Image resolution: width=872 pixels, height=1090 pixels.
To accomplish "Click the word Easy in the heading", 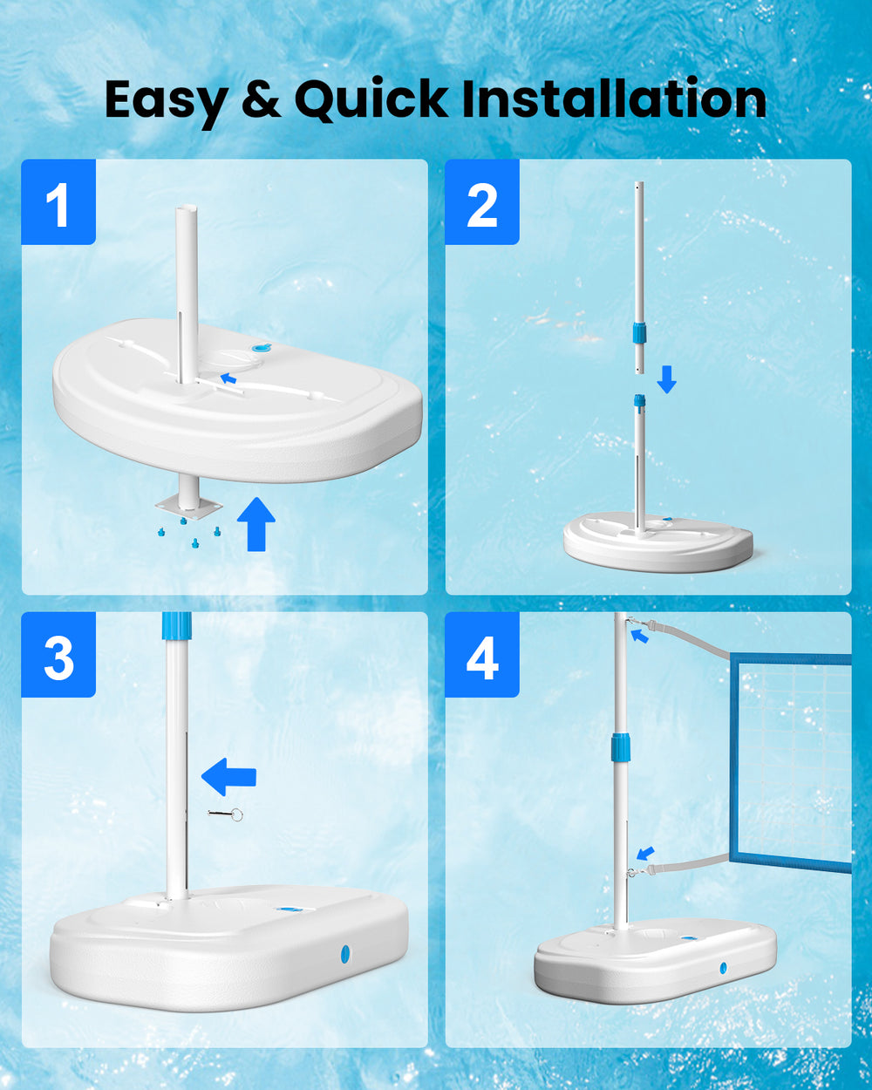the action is tap(166, 100).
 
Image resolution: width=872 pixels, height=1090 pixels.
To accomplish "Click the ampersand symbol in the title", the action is tap(261, 99).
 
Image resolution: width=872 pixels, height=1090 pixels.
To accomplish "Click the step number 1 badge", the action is tap(58, 202).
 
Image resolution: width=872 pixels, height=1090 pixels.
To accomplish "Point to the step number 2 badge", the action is tap(482, 202).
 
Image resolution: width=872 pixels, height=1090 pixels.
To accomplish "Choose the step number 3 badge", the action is tap(58, 654).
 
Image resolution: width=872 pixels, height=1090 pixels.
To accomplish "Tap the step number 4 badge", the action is tap(482, 654).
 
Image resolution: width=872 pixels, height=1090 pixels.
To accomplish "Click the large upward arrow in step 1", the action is tap(256, 524).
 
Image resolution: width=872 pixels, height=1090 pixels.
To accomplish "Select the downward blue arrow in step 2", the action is tap(667, 379).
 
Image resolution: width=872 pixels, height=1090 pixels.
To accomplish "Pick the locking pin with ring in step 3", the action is tap(226, 814).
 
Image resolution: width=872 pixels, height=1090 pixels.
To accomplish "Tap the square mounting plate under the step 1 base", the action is tap(189, 507).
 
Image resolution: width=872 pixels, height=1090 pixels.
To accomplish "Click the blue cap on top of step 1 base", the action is tap(262, 347).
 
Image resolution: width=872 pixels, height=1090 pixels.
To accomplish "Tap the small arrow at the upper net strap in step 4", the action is tap(639, 635).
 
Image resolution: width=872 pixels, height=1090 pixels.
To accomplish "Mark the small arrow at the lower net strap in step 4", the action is tap(645, 854).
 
